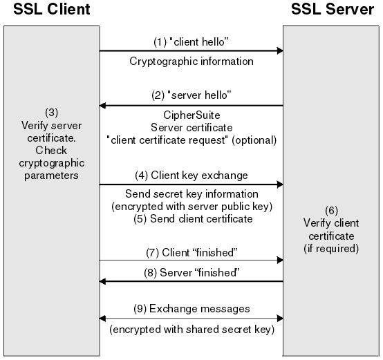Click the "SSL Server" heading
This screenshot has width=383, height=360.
point(331,10)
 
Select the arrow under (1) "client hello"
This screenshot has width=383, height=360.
point(192,50)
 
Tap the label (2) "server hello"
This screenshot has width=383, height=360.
point(192,93)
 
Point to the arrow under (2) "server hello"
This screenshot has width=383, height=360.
point(192,105)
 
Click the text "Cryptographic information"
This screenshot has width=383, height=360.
point(192,61)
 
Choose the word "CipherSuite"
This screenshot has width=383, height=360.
point(192,116)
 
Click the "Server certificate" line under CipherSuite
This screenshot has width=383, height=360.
point(192,128)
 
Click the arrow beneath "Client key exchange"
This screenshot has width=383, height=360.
point(192,184)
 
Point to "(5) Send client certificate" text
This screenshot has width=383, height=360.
point(192,219)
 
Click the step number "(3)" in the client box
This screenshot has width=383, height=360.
point(51,112)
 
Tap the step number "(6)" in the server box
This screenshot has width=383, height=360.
point(331,209)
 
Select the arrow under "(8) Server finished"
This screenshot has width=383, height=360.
point(192,281)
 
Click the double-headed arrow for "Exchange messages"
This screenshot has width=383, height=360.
point(192,318)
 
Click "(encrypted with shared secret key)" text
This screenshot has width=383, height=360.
point(192,330)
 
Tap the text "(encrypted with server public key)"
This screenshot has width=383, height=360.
point(192,207)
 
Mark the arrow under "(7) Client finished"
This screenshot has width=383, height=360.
point(192,260)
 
